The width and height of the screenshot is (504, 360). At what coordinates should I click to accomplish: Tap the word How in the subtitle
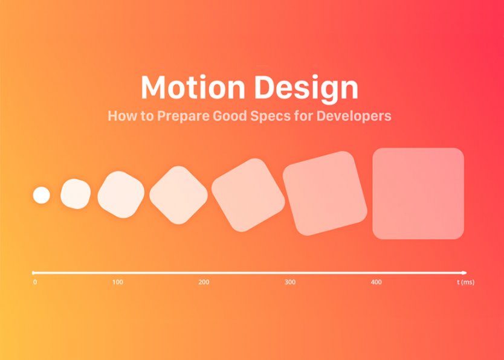coord(120,115)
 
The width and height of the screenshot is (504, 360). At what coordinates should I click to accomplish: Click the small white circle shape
coord(41,195)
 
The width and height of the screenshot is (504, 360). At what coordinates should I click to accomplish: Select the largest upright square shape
coord(418,193)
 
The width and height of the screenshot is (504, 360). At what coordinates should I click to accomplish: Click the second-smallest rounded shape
coord(76,194)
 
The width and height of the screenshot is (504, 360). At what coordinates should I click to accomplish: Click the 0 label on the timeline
coord(35,283)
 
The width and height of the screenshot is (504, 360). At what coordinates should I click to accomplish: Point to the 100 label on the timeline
coord(118,283)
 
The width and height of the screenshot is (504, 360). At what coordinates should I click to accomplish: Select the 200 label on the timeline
coord(204,283)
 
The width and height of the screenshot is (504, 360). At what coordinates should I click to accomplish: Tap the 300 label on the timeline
coord(290,283)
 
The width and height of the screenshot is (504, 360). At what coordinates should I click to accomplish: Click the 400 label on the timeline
coord(376,283)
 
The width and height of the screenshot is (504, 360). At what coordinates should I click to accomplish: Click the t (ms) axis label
coord(465,283)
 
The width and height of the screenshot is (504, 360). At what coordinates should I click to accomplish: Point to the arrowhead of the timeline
coord(464,272)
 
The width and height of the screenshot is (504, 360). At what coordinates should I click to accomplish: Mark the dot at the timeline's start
coord(34,272)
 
